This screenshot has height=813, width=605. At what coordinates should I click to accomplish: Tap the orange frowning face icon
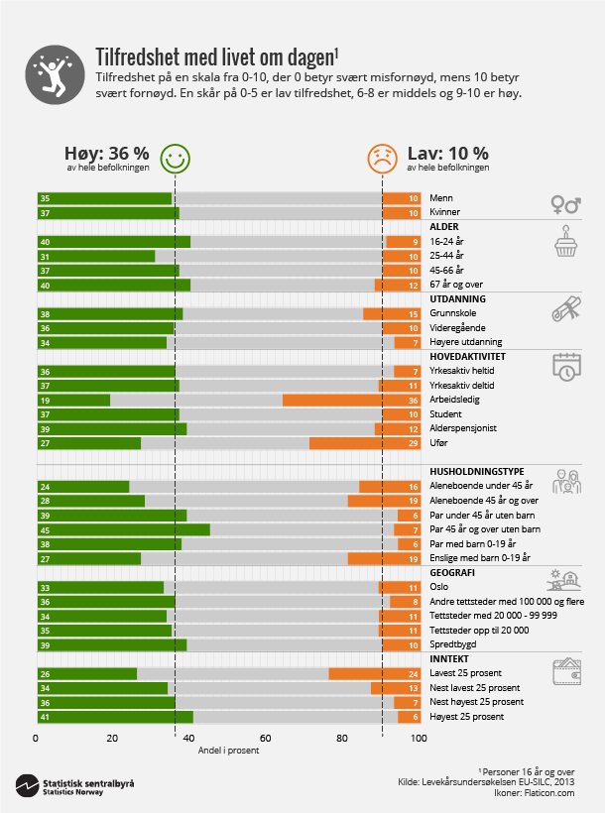[x=382, y=157]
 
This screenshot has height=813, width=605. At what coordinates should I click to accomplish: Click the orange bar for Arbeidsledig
[x=351, y=400]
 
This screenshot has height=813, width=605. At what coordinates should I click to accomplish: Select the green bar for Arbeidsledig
[x=73, y=400]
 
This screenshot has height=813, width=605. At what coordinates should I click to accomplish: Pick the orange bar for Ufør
[x=365, y=443]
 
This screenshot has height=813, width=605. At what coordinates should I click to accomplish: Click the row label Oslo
[x=440, y=587]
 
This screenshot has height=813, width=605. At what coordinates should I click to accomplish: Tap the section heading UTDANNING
[x=457, y=298]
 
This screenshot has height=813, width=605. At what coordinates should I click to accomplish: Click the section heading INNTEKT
[x=449, y=658]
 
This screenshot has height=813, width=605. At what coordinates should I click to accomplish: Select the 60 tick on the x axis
[x=265, y=739]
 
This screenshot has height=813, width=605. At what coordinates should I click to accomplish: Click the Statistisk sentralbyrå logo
[x=74, y=787]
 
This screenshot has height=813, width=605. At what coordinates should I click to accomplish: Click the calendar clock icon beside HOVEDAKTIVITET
[x=565, y=366]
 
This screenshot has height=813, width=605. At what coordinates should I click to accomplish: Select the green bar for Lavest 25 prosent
[x=86, y=673]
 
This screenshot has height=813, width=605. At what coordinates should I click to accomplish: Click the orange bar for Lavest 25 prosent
[x=374, y=673]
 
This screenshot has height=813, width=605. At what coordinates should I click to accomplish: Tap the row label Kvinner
[x=445, y=212]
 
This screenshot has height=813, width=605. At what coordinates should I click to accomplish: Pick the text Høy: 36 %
[x=106, y=154]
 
